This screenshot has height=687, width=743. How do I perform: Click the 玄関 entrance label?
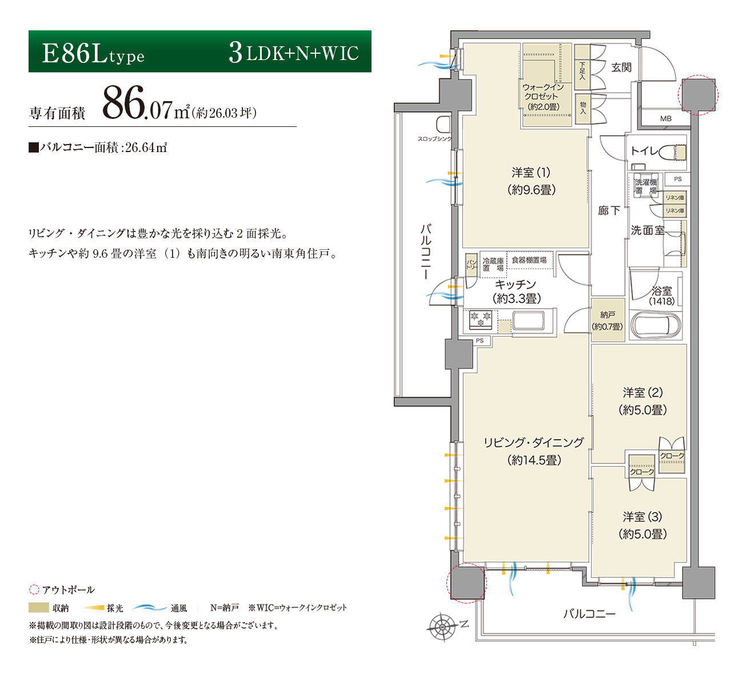click(621, 67)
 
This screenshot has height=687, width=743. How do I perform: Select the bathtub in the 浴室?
click(656, 325)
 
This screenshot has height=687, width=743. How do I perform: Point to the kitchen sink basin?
click(528, 321)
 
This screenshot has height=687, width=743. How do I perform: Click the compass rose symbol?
click(442, 626)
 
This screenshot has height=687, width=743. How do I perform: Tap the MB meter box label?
click(666, 119)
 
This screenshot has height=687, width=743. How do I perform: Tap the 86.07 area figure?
click(137, 102)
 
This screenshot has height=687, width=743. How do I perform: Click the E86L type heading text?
click(93, 54)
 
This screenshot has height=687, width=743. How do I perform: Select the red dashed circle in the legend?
click(34, 590)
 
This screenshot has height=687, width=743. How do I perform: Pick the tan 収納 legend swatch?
click(38, 608)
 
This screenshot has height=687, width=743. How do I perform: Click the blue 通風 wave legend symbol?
click(150, 608)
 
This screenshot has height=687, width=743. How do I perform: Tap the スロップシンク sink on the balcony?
click(444, 124)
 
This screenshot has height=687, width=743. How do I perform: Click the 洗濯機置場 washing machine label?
click(646, 186)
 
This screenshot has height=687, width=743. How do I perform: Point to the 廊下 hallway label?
click(609, 211)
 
